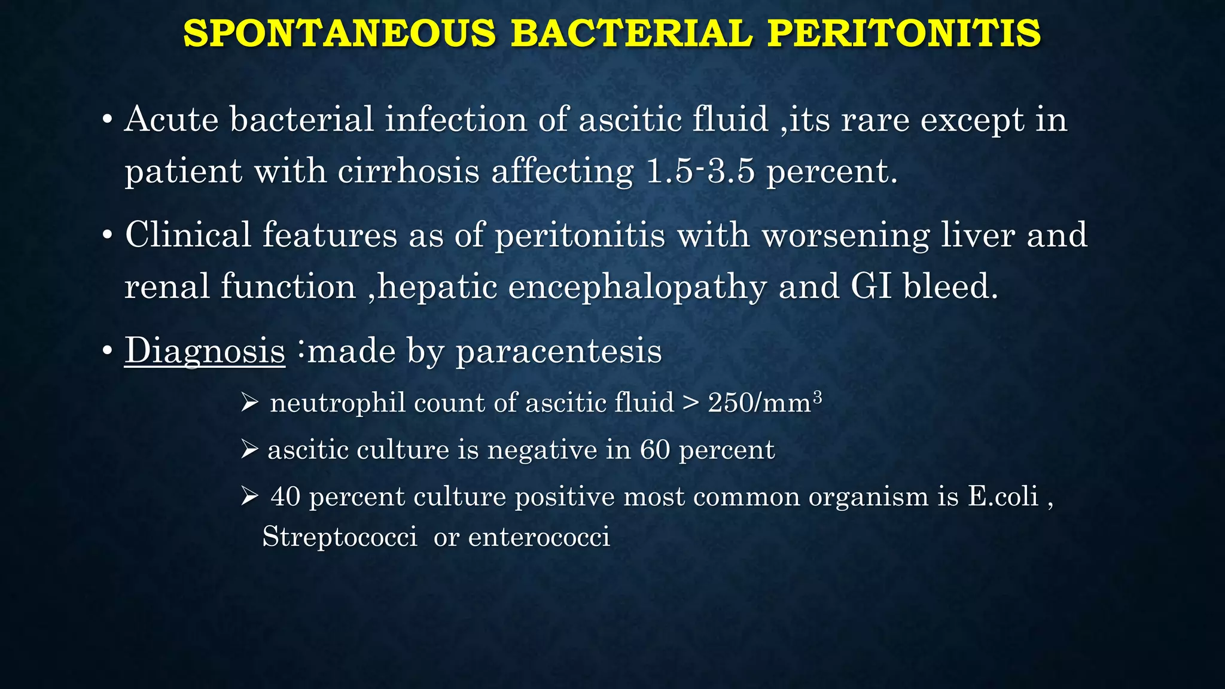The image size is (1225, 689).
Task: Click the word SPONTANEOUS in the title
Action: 339,33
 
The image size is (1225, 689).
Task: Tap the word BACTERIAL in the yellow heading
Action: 632,33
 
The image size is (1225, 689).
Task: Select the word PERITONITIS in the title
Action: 904,33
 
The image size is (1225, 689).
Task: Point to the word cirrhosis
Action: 409,172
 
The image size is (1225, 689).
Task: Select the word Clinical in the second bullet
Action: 188,234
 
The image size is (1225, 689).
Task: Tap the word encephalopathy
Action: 637,287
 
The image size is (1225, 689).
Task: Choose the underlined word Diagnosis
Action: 205,350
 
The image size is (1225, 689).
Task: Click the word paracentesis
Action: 559,350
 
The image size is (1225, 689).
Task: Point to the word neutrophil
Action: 337,403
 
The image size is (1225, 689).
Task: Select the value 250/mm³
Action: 764,403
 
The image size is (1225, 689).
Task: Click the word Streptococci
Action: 340,536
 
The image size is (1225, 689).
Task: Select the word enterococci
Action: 539,536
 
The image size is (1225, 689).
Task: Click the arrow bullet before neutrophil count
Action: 249,403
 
